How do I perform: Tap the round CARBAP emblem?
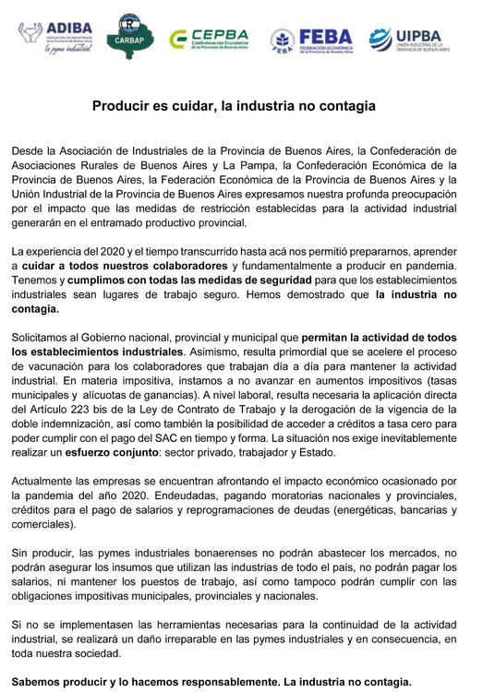tap(127, 37)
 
